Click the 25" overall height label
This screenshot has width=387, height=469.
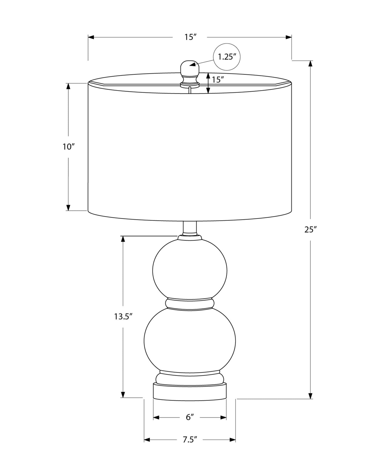pos(311,229)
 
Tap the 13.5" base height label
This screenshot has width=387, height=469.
pos(123,317)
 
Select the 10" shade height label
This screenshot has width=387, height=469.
pos(69,147)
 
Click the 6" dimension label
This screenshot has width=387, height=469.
pos(190,417)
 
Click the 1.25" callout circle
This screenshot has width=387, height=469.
pos(227,57)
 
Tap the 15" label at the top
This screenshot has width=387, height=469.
pos(190,37)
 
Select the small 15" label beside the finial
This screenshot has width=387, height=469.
pos(218,79)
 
